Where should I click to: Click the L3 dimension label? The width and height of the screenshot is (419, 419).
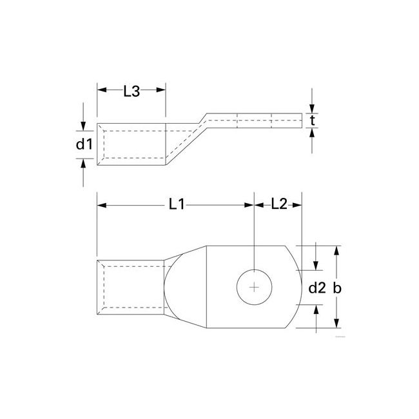point(131,92)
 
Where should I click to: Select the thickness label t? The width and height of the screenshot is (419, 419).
point(312,121)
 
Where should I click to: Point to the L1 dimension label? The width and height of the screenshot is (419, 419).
point(177,204)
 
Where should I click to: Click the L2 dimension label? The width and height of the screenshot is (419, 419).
point(278,204)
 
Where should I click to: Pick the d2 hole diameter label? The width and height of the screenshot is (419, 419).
point(316,288)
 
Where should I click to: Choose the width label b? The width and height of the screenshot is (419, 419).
point(336,288)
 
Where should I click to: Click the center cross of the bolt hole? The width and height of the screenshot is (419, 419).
point(255,287)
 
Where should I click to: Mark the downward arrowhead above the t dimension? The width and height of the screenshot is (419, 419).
point(312,108)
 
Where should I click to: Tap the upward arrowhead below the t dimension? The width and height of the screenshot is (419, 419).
point(312,133)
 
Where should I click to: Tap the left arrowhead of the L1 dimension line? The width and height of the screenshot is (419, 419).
point(101,206)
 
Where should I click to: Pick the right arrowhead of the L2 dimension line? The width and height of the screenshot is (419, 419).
point(298,206)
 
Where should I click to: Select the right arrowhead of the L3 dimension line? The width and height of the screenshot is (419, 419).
point(162,92)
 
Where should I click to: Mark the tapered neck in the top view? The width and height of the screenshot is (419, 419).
point(184,287)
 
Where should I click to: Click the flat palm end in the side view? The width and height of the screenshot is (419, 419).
point(271,121)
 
